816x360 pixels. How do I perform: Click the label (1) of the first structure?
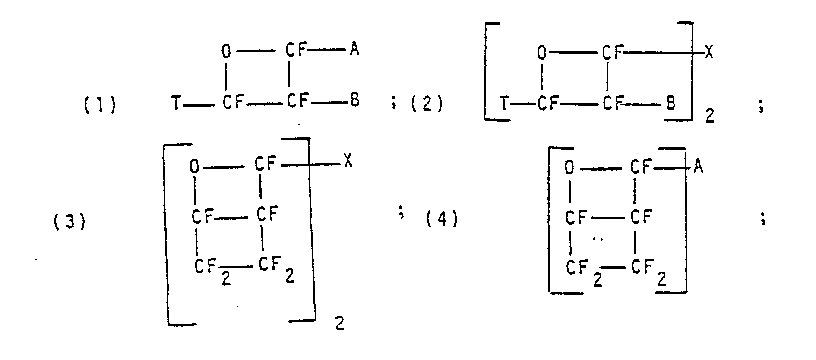click(99, 105)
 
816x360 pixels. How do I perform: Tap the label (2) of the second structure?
click(426, 105)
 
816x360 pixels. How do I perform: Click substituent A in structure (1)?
click(354, 51)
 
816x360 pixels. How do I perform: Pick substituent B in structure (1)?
click(354, 101)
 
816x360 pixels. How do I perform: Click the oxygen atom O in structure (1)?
click(226, 52)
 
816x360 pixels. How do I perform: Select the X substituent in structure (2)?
click(708, 53)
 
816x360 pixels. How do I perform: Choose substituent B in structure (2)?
click(671, 104)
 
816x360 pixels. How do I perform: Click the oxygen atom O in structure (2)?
click(541, 54)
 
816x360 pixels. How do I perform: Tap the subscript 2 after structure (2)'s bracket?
click(710, 116)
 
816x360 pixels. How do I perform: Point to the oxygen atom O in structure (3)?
click(195, 166)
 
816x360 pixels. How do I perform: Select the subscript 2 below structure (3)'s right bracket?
click(340, 324)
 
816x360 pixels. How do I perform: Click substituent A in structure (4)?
click(698, 167)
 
